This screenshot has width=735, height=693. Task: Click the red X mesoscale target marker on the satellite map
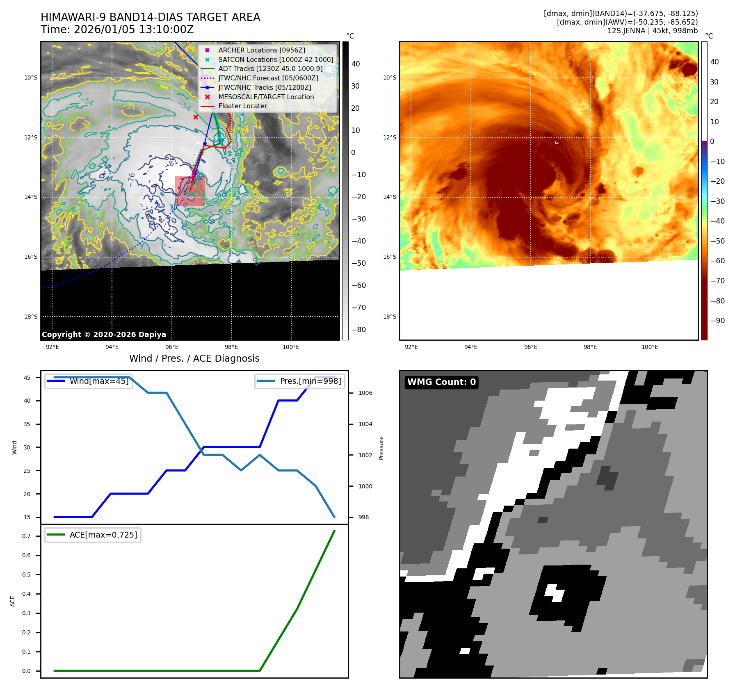click(196, 117)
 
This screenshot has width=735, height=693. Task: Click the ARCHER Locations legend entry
click(262, 50)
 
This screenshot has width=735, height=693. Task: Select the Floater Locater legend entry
click(242, 106)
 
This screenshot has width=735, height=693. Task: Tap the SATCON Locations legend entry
click(276, 59)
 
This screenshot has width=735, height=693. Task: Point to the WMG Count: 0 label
click(441, 382)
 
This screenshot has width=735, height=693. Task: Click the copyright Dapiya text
click(104, 335)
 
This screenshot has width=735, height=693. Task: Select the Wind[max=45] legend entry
click(99, 381)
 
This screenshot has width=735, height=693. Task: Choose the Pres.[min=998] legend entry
click(310, 381)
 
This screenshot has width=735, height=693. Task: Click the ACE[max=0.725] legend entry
click(103, 535)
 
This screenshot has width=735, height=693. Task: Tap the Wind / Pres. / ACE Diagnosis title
click(194, 358)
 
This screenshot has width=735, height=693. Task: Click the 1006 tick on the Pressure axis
click(365, 393)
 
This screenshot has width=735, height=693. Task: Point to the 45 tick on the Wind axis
click(27, 378)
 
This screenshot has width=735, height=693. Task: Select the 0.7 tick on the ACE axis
click(26, 536)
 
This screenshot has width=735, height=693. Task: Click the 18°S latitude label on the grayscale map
click(31, 317)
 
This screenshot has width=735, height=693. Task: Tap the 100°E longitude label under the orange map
click(650, 347)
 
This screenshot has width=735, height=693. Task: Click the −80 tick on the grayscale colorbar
click(358, 330)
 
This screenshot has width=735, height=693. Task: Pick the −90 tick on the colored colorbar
click(717, 321)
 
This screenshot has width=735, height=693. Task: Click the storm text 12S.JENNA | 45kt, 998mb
click(652, 31)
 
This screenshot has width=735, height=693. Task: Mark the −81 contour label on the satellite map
click(172, 163)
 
